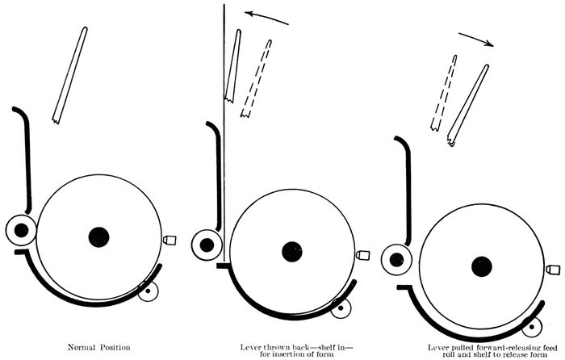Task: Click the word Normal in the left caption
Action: (82, 348)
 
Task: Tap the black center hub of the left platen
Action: (98, 237)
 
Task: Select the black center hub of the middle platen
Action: (292, 252)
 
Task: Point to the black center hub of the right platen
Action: (482, 266)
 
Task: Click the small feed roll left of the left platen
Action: (21, 230)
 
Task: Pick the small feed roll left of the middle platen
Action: (207, 245)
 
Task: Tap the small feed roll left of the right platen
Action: (396, 259)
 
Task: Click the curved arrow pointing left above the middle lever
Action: (266, 17)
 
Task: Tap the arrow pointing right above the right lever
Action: (476, 40)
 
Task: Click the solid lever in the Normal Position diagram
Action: (70, 75)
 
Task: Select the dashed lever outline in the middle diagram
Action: (256, 78)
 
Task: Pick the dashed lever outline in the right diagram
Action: (444, 93)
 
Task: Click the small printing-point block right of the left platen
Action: (169, 240)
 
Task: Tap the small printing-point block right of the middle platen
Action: (363, 255)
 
